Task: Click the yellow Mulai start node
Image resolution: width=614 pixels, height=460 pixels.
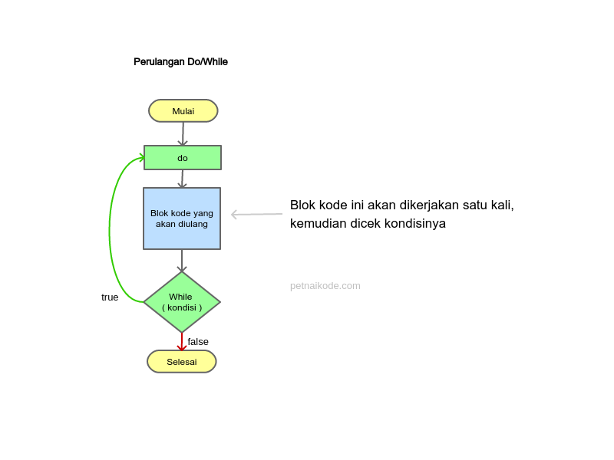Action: click(183, 111)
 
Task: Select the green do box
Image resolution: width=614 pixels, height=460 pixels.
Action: click(183, 158)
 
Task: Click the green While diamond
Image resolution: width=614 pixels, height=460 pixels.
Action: click(182, 302)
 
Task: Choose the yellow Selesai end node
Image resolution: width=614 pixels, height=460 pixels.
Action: click(182, 362)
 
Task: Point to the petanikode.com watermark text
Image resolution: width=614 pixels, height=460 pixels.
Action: click(325, 286)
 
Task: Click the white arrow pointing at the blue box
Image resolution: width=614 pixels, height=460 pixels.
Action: click(257, 215)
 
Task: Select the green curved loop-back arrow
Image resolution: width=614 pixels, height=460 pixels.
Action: click(111, 230)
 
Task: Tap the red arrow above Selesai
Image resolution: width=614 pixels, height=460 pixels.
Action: click(182, 342)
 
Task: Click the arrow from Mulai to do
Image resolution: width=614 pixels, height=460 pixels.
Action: click(182, 134)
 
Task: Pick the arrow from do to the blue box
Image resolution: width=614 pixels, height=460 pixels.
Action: click(182, 179)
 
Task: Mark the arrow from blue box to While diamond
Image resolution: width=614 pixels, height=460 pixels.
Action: click(182, 261)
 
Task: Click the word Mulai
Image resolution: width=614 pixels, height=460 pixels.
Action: click(183, 111)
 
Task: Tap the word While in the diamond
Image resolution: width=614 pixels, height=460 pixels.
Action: click(180, 297)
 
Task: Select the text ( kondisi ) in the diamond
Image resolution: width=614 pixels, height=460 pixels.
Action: click(182, 307)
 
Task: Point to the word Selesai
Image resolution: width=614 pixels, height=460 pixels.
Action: click(182, 362)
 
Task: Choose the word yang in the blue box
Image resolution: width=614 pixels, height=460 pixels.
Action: click(203, 213)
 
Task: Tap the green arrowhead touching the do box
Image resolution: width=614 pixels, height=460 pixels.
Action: click(140, 158)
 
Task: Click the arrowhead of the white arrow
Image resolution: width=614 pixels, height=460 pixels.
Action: click(235, 215)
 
